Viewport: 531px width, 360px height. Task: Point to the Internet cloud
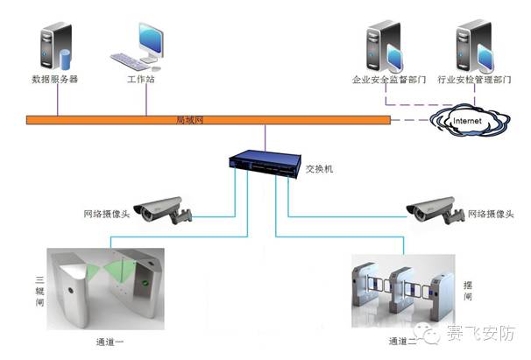465,119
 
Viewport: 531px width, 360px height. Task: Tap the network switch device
264,163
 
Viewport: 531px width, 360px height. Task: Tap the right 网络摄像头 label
490,214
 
